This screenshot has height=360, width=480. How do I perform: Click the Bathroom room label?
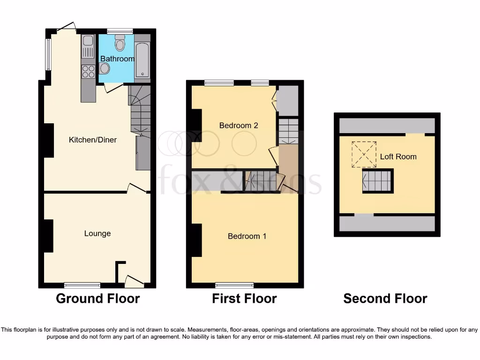click(x=117, y=59)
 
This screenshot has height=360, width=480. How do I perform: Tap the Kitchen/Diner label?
click(x=93, y=140)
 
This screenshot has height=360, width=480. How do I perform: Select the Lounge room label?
click(x=97, y=233)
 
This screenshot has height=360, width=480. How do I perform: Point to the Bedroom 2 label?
click(x=239, y=126)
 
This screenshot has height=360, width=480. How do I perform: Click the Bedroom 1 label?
click(x=247, y=236)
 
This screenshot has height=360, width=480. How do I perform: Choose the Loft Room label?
click(x=398, y=157)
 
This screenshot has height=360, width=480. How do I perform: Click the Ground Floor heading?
click(x=98, y=299)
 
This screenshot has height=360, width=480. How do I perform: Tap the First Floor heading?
click(x=244, y=299)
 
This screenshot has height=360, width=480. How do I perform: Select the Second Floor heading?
click(x=385, y=299)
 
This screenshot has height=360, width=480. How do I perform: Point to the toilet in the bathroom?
click(x=120, y=43)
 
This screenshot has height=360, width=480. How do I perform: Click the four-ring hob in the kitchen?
click(x=88, y=71)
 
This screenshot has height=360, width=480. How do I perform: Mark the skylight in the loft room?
click(x=364, y=154)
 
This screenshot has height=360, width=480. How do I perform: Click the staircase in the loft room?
click(x=377, y=181)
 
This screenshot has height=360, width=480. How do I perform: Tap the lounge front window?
click(x=82, y=285)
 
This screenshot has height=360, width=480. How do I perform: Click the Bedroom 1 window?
click(x=234, y=285)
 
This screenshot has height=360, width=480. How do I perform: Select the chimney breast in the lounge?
click(x=48, y=236)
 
